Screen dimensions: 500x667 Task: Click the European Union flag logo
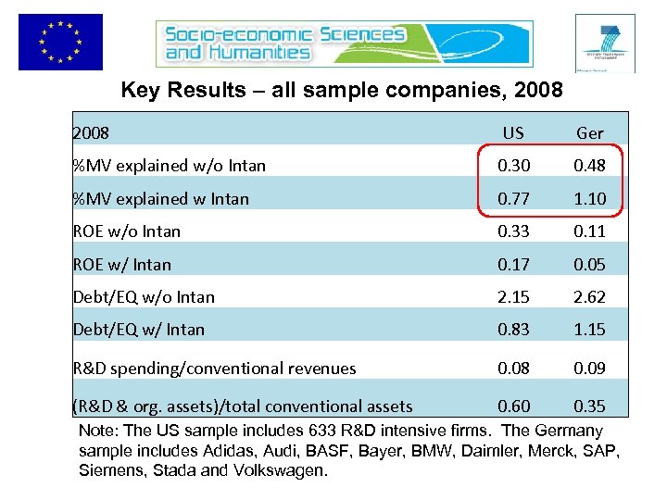pos(60,42)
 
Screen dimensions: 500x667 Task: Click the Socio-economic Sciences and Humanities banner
pos(284,44)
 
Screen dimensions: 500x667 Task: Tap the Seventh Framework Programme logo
pos(604,43)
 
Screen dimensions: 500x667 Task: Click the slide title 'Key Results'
pos(342,92)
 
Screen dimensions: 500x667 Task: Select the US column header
pos(512,132)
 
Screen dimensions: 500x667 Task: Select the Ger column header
pos(589,132)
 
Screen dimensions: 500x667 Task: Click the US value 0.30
pos(512,166)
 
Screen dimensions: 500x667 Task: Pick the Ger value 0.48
pos(589,166)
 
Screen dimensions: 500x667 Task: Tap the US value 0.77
pos(512,198)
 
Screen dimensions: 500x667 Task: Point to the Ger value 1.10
pos(589,198)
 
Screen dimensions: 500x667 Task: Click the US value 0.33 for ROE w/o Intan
pos(512,231)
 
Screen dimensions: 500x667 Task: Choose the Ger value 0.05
pos(589,264)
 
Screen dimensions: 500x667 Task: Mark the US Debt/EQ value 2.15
pos(512,297)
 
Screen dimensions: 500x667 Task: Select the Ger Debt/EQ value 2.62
pos(589,297)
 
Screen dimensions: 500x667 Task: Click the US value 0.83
pos(512,329)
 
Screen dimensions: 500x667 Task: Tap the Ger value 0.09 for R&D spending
pos(589,368)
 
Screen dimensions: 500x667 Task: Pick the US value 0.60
pos(512,406)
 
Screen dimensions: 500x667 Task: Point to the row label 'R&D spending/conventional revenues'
pos(214,369)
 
